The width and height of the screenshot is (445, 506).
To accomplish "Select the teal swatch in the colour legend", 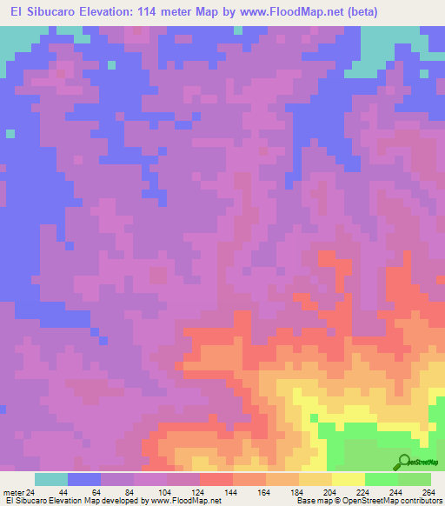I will pyautogui.click(x=51, y=479).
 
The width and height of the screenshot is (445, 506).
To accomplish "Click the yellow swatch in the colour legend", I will pyautogui.click(x=349, y=479).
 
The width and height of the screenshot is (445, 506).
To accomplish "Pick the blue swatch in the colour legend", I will pyautogui.click(x=84, y=479).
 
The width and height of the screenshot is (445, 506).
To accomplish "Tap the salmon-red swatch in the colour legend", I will pyautogui.click(x=216, y=479).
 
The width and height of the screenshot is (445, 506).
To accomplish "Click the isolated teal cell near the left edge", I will pyautogui.click(x=10, y=133).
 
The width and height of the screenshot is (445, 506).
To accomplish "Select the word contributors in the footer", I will pyautogui.click(x=422, y=502).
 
